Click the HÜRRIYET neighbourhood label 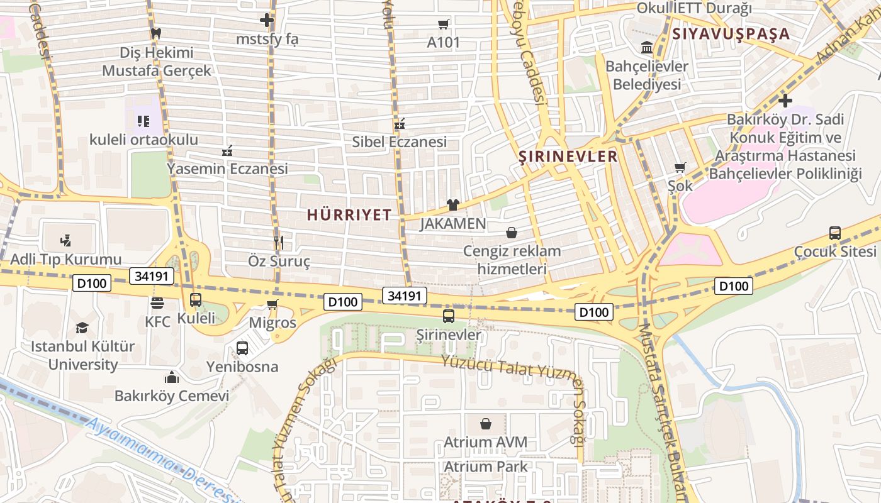349,214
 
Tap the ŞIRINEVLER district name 568,157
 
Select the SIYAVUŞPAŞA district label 731,34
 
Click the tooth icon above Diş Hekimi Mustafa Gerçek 156,33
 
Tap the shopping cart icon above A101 444,25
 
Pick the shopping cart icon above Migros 272,305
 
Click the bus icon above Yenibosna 242,348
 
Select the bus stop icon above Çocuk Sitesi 834,233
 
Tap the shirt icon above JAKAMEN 452,204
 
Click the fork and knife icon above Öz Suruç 279,242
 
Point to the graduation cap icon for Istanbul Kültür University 82,328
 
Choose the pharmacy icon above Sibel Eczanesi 399,124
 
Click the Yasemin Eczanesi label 227,169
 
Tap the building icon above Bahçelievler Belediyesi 646,47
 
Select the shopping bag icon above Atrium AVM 485,424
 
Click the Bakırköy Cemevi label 172,396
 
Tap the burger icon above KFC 157,303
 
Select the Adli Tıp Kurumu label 65,259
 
